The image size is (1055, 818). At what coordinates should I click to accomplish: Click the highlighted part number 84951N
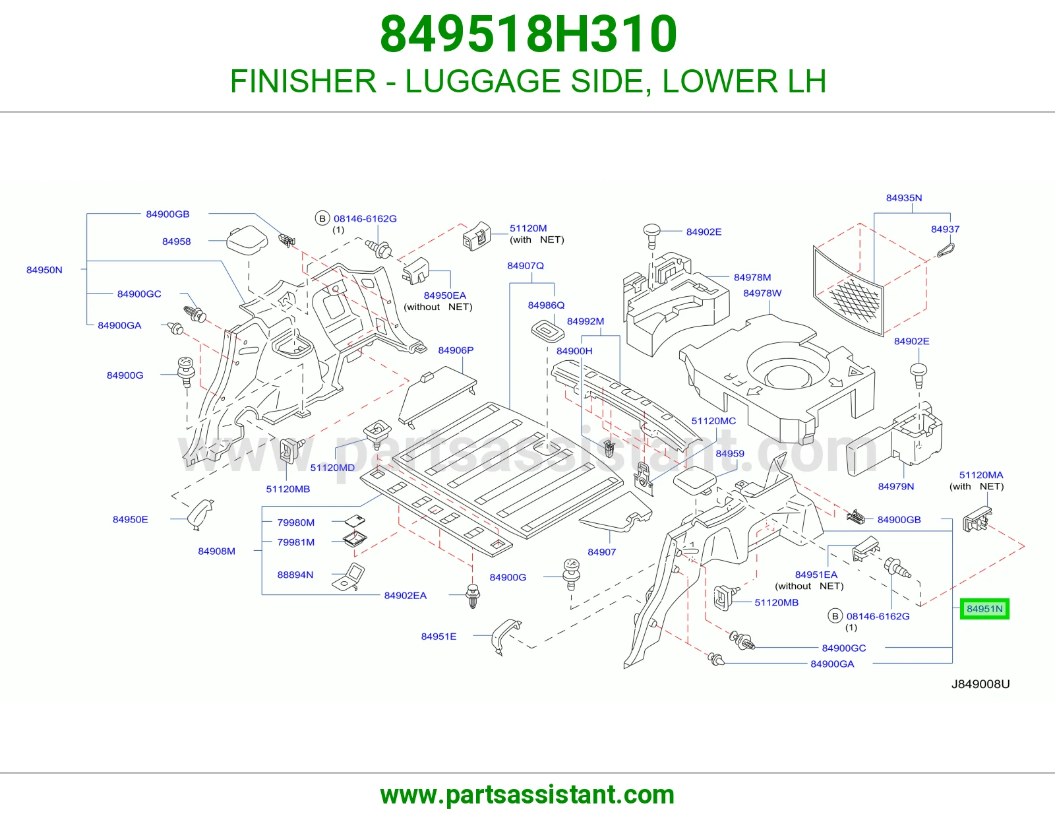pos(984,609)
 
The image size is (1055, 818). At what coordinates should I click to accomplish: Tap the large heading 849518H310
pos(528,34)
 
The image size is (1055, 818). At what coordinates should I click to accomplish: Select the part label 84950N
pos(44,270)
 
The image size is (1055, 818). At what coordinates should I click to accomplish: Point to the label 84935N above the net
pos(904,198)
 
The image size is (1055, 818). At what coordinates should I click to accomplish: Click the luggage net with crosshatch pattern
pos(848,290)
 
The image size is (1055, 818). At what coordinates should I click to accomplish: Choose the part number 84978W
pos(762,293)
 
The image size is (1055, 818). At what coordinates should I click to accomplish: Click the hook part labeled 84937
pos(946,250)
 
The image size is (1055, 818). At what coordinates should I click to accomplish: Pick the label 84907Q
pos(526,266)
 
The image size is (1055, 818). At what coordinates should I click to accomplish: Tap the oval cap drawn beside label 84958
pos(247,239)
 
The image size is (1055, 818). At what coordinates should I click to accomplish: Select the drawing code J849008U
pos(980,684)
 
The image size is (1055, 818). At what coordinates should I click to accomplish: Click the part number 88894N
pos(295,575)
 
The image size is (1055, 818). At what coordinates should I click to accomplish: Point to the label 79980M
pos(295,522)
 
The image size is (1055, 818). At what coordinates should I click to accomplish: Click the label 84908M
pos(216,551)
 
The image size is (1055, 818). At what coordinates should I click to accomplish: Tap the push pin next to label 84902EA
pos(473,596)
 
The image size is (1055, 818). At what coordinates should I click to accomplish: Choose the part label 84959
pos(730,453)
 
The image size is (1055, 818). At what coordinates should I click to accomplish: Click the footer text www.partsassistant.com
pos(527,795)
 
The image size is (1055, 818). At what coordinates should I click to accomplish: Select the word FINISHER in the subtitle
pos(303,81)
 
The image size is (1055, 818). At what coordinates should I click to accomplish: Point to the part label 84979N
pos(895,486)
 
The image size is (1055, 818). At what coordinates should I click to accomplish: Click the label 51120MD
pos(332,467)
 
